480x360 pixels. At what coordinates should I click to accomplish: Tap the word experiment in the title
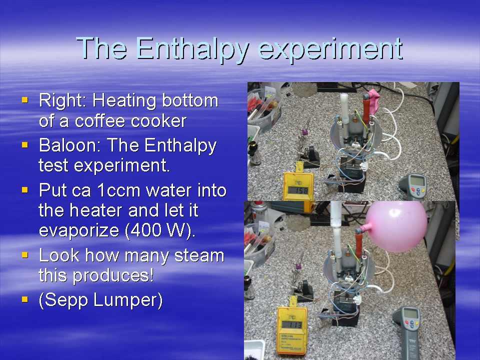point(330,49)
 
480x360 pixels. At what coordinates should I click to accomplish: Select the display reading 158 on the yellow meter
point(298,190)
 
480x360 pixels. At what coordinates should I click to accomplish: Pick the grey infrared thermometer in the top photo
point(413,187)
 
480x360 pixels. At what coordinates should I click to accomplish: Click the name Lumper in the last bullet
point(127,300)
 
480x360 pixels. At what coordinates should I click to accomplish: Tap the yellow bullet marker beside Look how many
point(25,254)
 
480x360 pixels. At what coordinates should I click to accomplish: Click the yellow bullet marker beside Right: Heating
point(25,99)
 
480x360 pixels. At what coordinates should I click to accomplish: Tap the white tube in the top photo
point(344,108)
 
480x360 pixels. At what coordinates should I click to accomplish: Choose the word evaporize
point(79,230)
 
